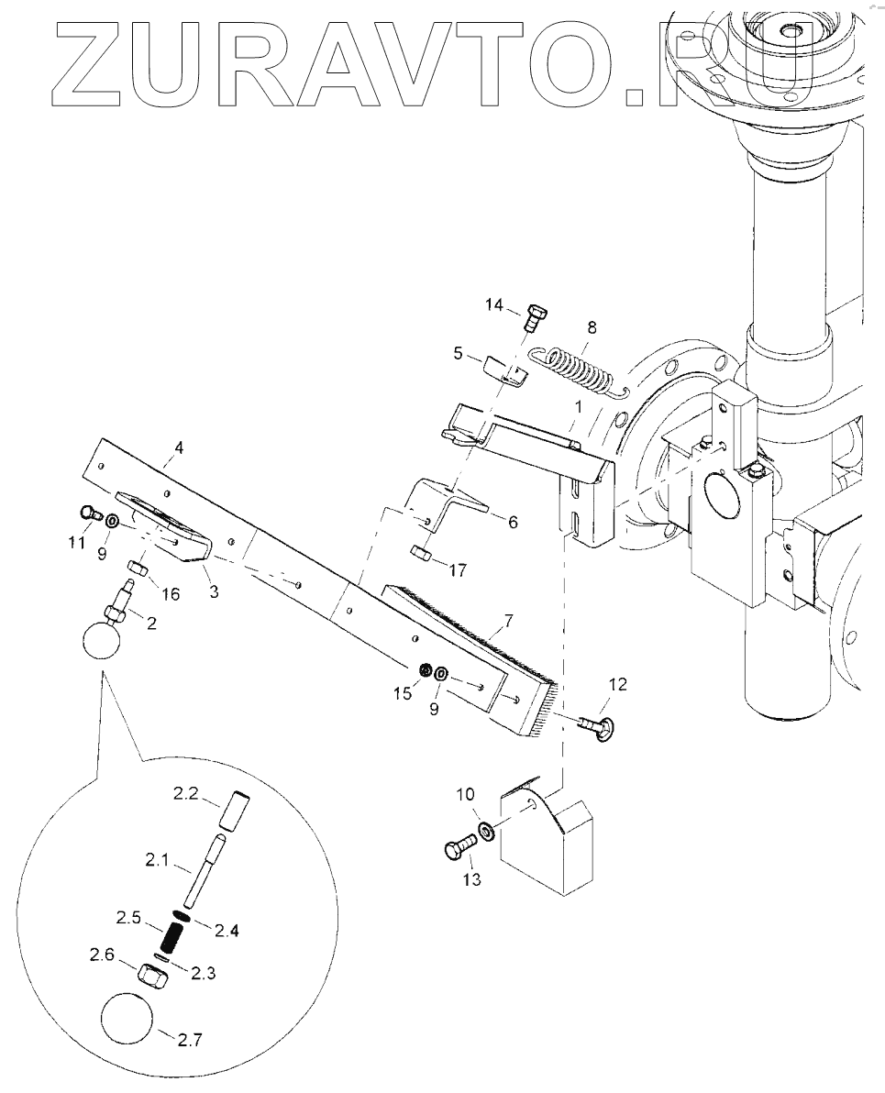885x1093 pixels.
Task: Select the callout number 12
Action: click(x=618, y=684)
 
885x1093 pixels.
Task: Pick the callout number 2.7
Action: click(x=190, y=1040)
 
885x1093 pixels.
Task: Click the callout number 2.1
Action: click(x=158, y=860)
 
